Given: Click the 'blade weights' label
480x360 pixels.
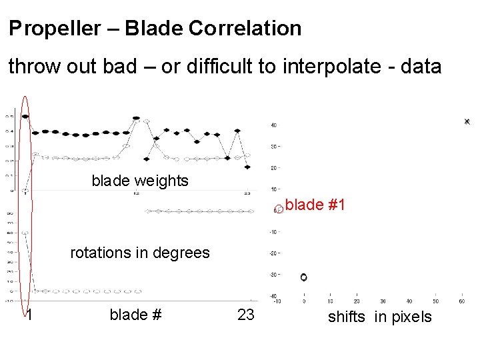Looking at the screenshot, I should click(140, 181).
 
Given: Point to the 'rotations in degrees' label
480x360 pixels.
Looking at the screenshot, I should click(140, 253).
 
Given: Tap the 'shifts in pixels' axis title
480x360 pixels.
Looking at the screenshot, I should click(379, 317).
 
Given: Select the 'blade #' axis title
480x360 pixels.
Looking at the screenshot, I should click(136, 314).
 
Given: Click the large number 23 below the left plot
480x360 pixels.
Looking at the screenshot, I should click(246, 315).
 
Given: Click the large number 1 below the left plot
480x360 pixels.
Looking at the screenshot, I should click(30, 315).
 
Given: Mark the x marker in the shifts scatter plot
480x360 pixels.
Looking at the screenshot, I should click(467, 121).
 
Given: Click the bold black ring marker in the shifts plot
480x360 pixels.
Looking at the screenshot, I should click(303, 277).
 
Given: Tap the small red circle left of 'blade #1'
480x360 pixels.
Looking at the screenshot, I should click(279, 209).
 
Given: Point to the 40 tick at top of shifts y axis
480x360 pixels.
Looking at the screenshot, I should click(273, 125).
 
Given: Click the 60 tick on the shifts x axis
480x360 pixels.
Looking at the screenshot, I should click(461, 301).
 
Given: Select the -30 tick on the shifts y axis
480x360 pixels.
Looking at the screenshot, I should click(273, 274).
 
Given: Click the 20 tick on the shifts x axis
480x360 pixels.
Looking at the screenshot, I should click(357, 301).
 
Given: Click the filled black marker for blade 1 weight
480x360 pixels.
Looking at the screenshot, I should click(25, 117).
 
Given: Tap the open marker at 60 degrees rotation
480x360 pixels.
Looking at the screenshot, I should click(24, 233).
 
